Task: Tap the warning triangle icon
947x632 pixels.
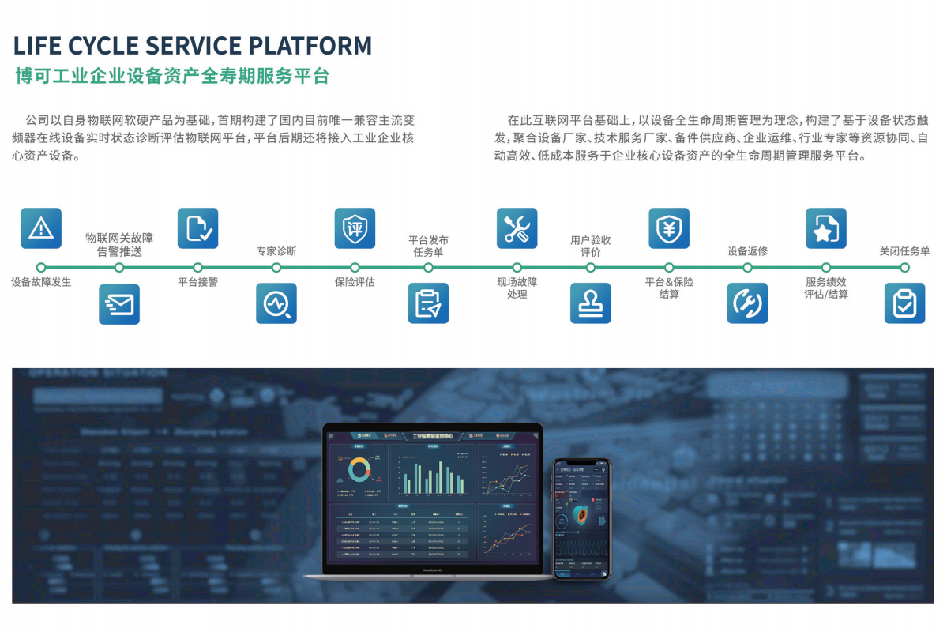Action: coord(41,228)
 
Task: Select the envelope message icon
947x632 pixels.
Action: coord(119,304)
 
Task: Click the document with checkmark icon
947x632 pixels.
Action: coord(197,228)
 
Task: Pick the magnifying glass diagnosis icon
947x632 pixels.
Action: coord(276,303)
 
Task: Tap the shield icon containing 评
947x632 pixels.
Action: coord(355,228)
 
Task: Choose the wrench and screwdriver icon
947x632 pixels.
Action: coord(517,228)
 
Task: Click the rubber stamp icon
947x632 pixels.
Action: coord(591,303)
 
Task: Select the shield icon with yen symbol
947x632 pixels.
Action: coord(669,228)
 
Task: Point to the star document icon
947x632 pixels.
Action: coord(825,228)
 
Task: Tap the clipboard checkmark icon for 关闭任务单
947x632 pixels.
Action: coord(904,303)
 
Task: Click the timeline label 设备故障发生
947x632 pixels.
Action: coord(41,282)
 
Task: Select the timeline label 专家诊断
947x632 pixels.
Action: coord(276,252)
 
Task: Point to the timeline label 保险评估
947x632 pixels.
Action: coord(355,282)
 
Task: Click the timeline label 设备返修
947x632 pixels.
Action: coord(747,252)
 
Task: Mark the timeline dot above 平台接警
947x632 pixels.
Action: coord(197,268)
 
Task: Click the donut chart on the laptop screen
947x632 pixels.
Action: coord(359,471)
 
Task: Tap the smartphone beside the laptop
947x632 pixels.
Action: coord(581,518)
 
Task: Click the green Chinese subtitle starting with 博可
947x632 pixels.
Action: coord(172,77)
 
